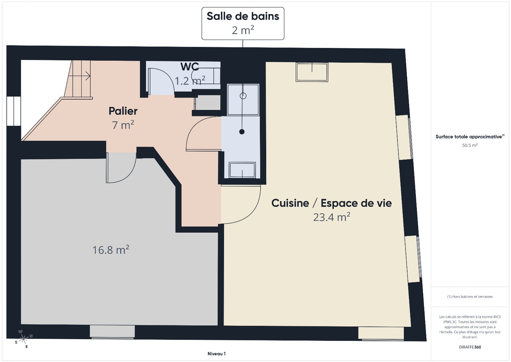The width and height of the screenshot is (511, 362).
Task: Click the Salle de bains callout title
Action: click(243, 16)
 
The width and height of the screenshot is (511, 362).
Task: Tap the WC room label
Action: click(190, 66)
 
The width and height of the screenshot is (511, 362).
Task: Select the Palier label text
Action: click(123, 111)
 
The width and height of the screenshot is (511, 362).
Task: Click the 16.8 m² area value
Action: click(111, 250)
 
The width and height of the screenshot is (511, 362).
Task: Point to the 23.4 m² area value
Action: click(332, 217)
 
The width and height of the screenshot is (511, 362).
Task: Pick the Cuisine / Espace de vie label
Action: click(332, 203)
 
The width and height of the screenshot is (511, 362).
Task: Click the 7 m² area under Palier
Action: click(123, 125)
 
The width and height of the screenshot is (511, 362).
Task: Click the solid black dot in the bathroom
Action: click(242, 132)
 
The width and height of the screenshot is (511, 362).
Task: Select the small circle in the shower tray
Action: click(243, 96)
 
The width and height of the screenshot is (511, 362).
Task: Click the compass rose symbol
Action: click(23, 339)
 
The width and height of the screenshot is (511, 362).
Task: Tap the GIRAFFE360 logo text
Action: click(470, 347)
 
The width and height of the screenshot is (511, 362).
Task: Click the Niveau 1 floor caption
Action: click(217, 354)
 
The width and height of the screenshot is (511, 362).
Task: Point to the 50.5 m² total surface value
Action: click(470, 145)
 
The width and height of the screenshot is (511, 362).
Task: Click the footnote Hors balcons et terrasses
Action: click(470, 296)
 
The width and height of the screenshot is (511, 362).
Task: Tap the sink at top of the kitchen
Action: click(312, 72)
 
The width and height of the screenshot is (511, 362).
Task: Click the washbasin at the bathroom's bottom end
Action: click(242, 170)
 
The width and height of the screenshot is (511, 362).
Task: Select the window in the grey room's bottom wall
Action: click(112, 331)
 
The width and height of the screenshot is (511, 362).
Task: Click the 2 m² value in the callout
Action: click(243, 30)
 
